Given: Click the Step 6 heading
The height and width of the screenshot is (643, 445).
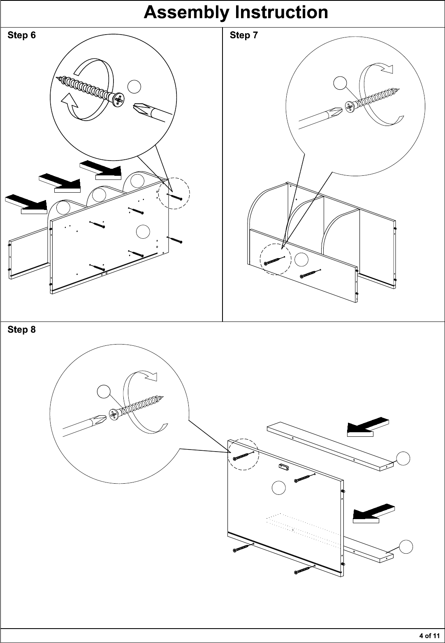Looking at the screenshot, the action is tap(21, 35).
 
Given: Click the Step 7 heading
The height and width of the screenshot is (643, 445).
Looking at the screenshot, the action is tap(244, 35).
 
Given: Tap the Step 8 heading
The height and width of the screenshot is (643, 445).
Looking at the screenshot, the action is tap(21, 329).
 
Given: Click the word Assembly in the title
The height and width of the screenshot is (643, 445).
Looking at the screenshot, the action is tap(186, 13).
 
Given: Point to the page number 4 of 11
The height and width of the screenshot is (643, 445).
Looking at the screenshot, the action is tap(429, 636).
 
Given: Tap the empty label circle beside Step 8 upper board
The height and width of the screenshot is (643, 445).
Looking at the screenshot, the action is tap(403, 459).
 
